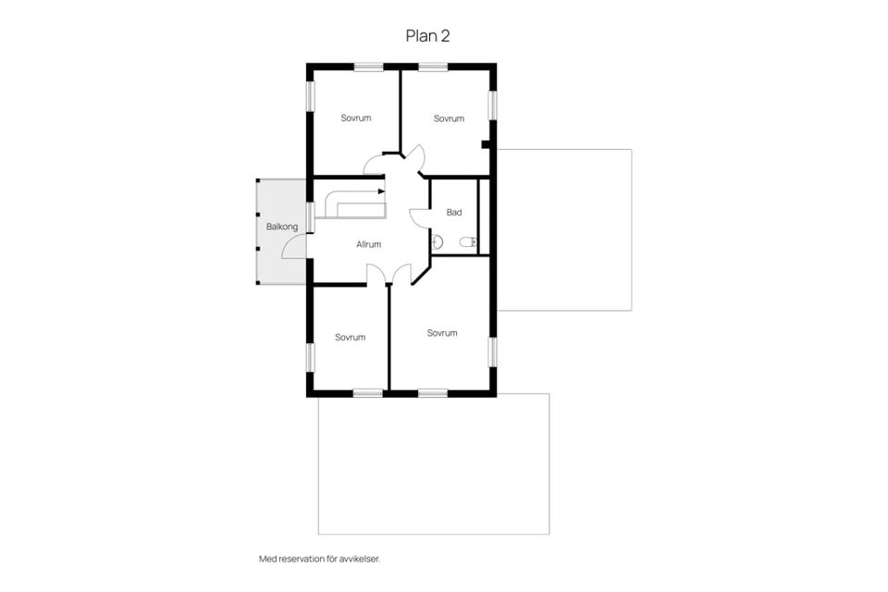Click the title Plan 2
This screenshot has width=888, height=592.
point(427,36)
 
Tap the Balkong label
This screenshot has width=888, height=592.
point(282,227)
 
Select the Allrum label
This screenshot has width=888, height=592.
point(369,244)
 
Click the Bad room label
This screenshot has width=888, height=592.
point(454,213)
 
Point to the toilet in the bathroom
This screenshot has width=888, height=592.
point(468,243)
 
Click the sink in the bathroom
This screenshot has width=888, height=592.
point(437,243)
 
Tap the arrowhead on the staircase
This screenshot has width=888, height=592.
point(382,191)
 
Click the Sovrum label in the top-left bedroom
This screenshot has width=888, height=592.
point(356,117)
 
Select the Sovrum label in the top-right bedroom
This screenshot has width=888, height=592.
point(450,118)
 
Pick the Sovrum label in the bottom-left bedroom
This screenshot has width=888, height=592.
point(350,337)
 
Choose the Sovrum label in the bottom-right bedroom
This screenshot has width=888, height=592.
point(442,333)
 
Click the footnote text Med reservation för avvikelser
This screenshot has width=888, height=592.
point(319,559)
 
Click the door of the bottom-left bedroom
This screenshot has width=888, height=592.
point(376,273)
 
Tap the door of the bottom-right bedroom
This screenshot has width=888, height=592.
point(401,273)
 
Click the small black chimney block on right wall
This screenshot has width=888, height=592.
point(486,144)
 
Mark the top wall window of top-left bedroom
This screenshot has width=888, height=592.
point(369,67)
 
